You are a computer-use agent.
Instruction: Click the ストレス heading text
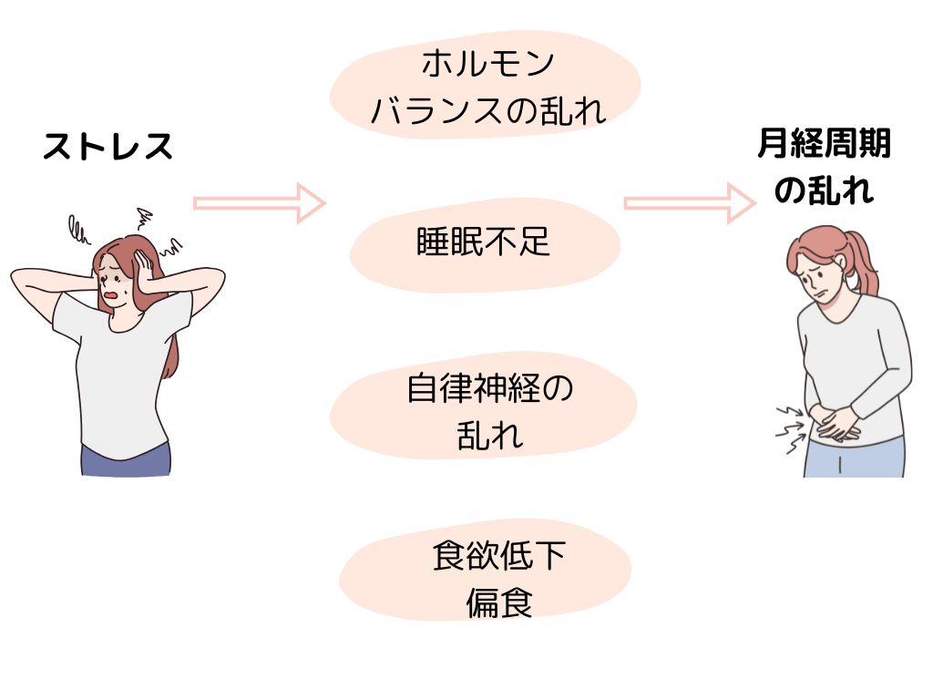click(x=108, y=147)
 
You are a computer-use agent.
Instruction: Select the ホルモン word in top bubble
click(x=487, y=65)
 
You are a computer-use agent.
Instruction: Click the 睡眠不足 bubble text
click(x=484, y=242)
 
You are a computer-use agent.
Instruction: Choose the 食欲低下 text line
click(x=498, y=556)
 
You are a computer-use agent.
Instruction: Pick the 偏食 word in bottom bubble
click(x=498, y=603)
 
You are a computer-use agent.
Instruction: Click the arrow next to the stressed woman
click(x=259, y=202)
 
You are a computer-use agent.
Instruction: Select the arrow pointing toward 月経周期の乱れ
click(x=690, y=202)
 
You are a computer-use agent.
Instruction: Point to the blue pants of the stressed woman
click(x=125, y=459)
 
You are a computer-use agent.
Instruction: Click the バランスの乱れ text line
click(x=487, y=111)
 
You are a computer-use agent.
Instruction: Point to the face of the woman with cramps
click(x=820, y=273)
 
